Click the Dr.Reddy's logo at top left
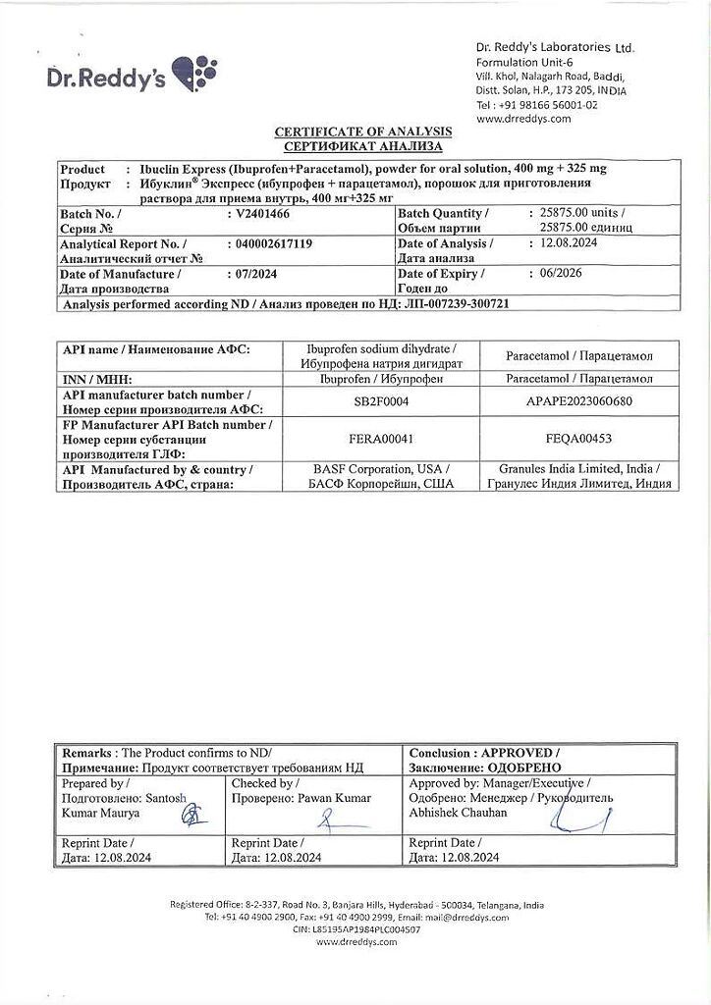(x=132, y=76)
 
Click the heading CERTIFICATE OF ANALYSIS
(x=362, y=132)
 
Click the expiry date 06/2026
(x=555, y=274)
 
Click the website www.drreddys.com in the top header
(x=523, y=119)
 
